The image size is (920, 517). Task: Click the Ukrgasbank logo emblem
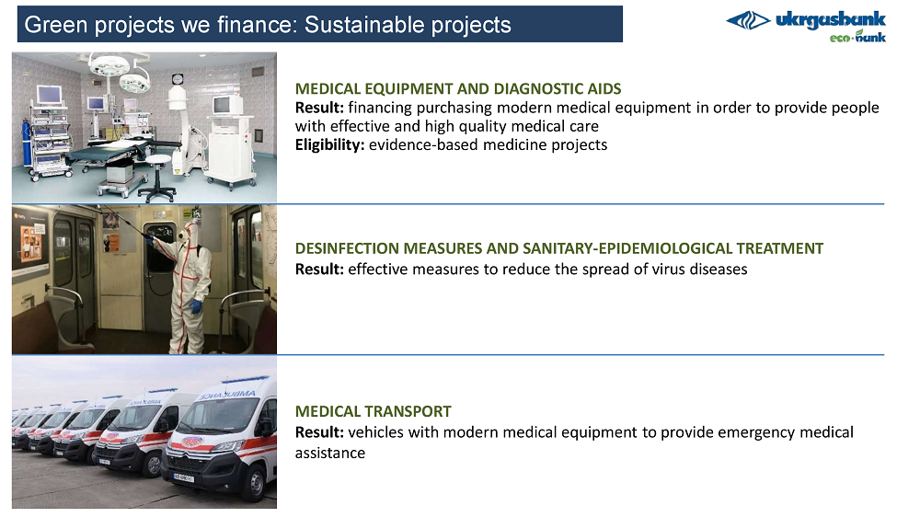pyautogui.click(x=748, y=20)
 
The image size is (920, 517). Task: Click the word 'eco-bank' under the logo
pyautogui.click(x=857, y=37)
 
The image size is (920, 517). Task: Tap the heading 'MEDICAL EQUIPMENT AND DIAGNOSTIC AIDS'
pyautogui.click(x=457, y=88)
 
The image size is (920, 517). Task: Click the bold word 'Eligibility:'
pyautogui.click(x=329, y=145)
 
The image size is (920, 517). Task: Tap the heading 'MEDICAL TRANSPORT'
pyautogui.click(x=374, y=411)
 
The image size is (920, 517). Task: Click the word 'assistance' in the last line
pyautogui.click(x=329, y=453)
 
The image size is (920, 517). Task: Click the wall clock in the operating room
pyautogui.click(x=178, y=78)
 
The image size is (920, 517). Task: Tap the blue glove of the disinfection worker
pyautogui.click(x=195, y=306)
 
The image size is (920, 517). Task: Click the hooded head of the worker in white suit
pyautogui.click(x=187, y=231)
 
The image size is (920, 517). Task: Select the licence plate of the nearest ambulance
pyautogui.click(x=183, y=477)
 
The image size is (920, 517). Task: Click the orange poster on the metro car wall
pyautogui.click(x=112, y=242)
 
